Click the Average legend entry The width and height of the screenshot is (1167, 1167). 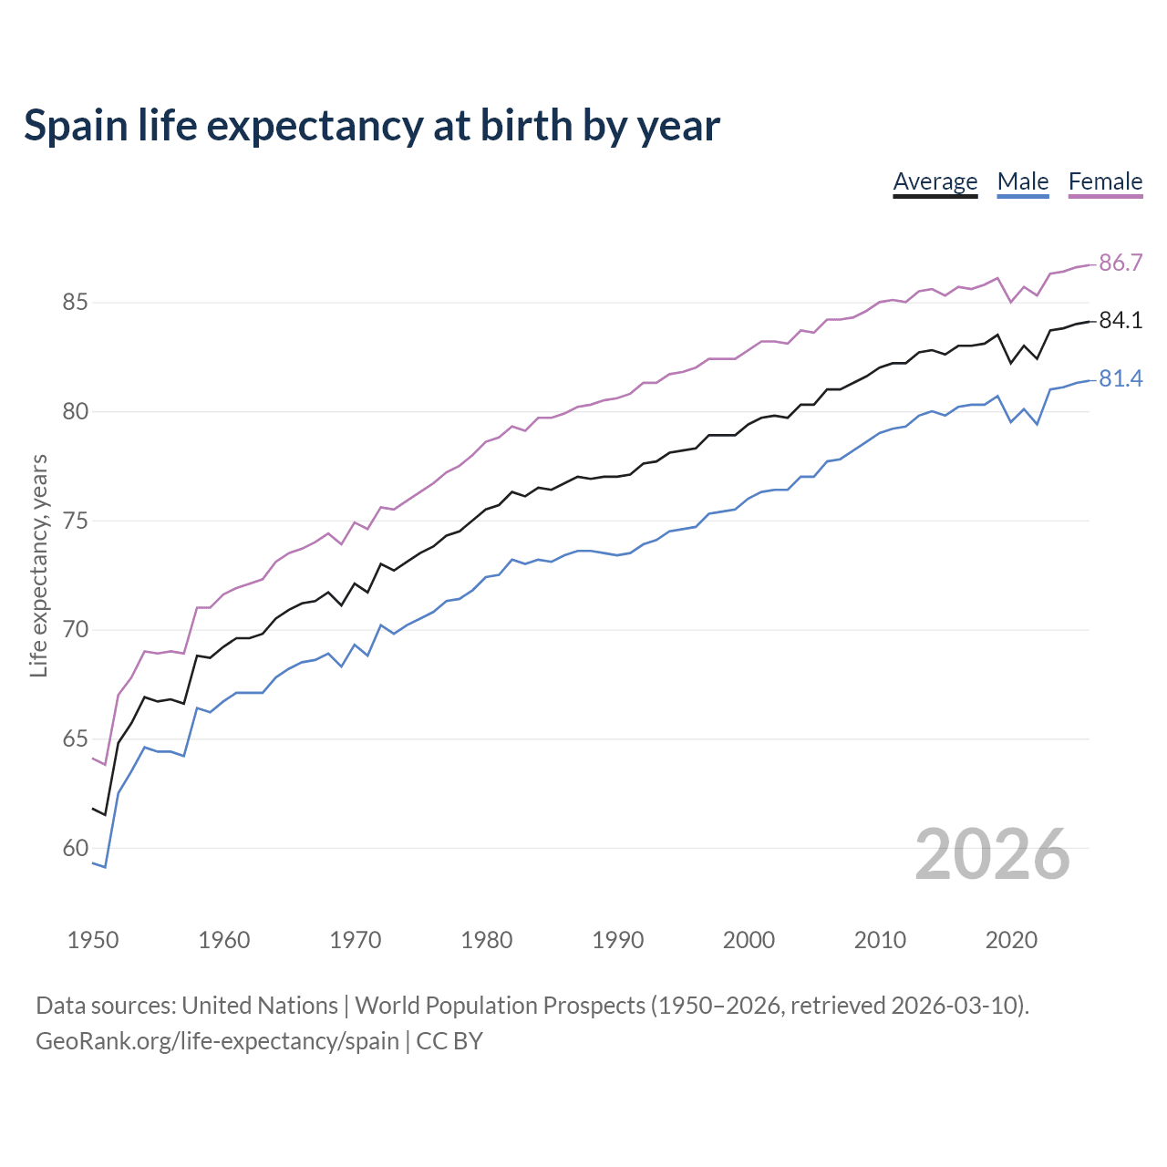click(935, 181)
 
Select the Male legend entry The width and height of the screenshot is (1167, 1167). click(1023, 181)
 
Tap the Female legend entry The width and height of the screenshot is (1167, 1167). click(1105, 181)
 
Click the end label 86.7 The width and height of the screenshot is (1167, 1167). click(1121, 263)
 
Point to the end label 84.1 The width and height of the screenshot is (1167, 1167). click(1121, 321)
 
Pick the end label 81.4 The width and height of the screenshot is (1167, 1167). click(1121, 378)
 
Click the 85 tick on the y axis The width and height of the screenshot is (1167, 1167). click(75, 303)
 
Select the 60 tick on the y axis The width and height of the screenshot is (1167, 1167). click(75, 849)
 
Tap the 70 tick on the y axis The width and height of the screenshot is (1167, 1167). click(75, 630)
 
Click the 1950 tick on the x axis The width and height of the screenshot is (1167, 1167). click(93, 940)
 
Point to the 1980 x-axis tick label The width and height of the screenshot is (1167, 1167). click(487, 940)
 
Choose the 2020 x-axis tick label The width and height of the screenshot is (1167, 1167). click(1011, 940)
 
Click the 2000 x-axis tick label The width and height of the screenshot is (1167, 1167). click(749, 940)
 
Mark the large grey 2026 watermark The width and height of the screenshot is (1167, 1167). click(992, 854)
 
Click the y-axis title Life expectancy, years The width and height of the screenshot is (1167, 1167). click(38, 566)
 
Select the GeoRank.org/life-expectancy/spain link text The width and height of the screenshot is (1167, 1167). click(217, 1041)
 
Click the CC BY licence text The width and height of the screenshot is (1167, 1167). click(449, 1041)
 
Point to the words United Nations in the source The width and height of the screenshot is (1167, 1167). click(260, 1006)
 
